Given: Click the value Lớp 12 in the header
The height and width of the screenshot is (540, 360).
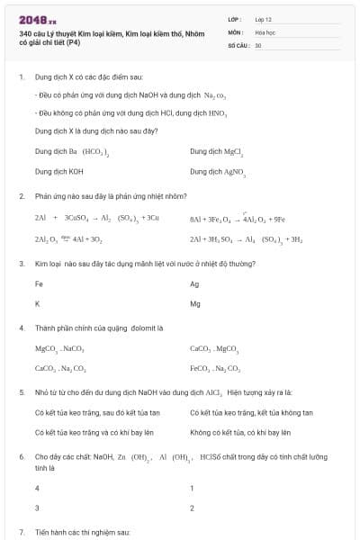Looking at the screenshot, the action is [x=264, y=18].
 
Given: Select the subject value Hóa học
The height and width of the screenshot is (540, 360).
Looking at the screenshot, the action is [x=265, y=31].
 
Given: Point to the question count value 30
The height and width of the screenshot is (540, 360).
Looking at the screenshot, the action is [x=258, y=44].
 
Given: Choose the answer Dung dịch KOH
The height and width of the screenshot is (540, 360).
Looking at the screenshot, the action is [x=59, y=170].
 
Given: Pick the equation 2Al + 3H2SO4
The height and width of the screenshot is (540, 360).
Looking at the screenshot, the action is [x=246, y=240].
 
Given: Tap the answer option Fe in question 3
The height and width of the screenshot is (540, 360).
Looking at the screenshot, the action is [x=39, y=283].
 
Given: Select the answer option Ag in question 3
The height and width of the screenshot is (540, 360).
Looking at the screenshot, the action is [x=194, y=283].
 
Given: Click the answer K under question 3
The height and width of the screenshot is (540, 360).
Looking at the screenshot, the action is [x=37, y=303].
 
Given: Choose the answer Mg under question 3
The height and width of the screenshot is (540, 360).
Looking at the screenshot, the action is [x=195, y=303].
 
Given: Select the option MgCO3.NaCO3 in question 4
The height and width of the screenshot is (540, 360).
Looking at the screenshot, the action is [x=59, y=348].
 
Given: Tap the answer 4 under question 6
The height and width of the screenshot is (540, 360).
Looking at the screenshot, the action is [x=37, y=488].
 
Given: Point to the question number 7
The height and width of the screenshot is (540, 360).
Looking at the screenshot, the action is [x=21, y=532].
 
